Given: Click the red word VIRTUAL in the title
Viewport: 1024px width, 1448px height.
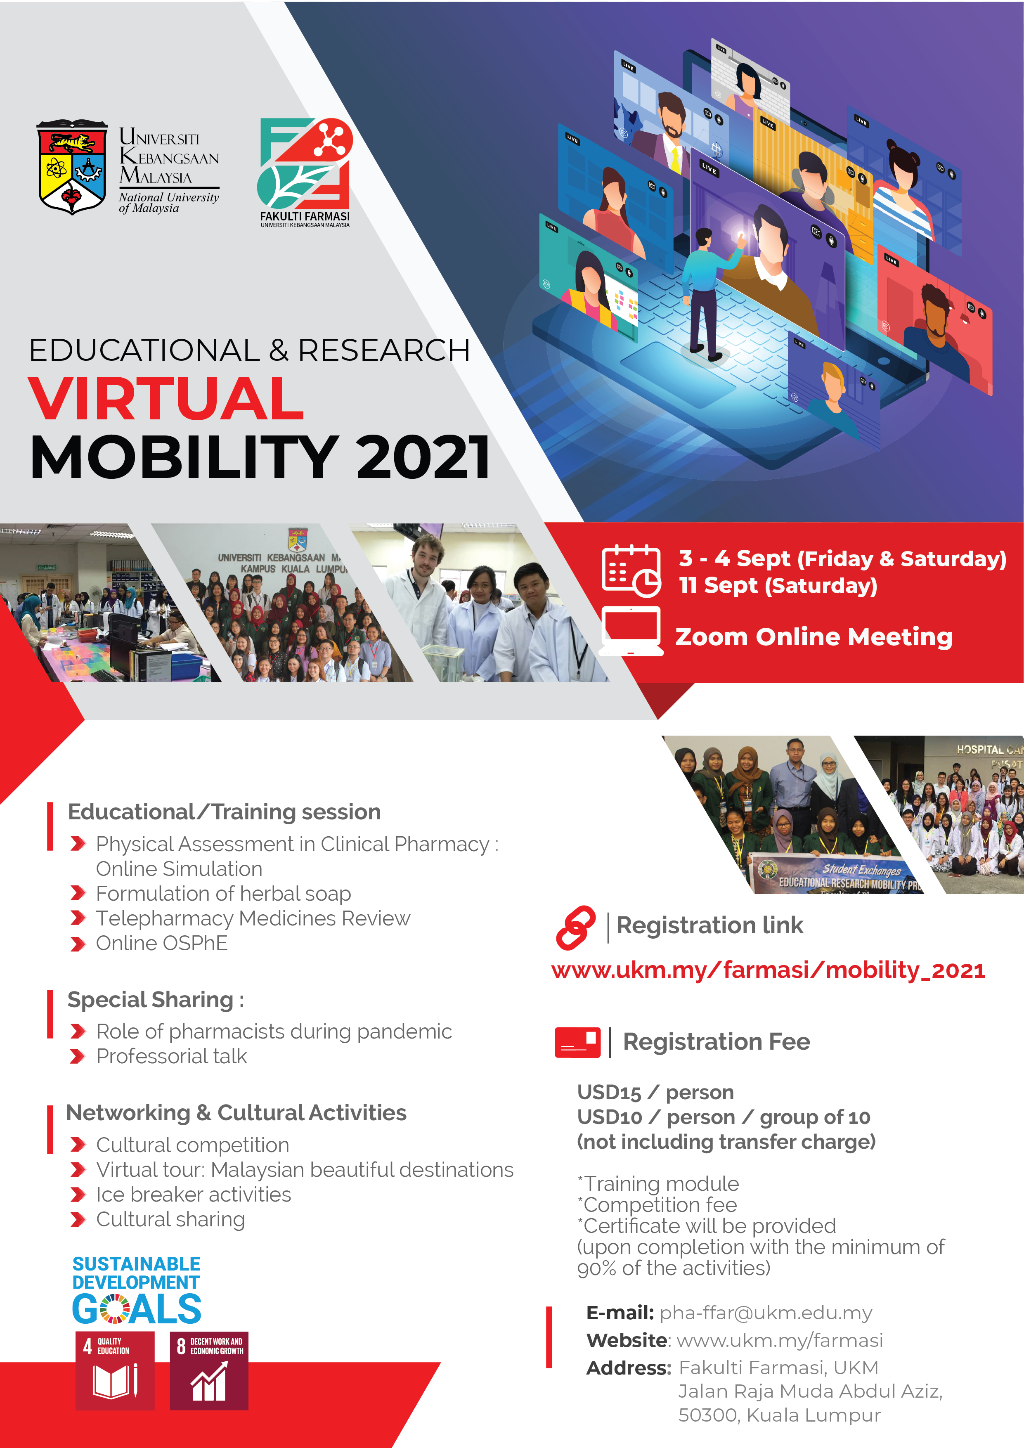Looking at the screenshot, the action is pyautogui.click(x=166, y=399).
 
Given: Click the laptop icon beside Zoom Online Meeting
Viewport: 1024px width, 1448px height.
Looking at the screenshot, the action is pyautogui.click(x=631, y=631).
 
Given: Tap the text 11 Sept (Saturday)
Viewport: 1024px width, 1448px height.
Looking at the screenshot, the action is pyautogui.click(x=778, y=586).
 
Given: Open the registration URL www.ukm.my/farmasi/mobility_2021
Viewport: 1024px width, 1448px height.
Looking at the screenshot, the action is pyautogui.click(x=768, y=970).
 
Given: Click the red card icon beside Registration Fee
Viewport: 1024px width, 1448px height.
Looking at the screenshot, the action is pyautogui.click(x=577, y=1042).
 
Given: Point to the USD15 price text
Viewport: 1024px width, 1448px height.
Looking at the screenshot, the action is pyautogui.click(x=609, y=1092).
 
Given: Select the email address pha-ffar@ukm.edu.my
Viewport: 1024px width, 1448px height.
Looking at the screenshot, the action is pyautogui.click(x=766, y=1313).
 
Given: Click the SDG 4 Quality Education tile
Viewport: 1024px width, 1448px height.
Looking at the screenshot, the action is pyautogui.click(x=115, y=1370).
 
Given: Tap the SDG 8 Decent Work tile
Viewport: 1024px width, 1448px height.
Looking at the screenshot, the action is pyautogui.click(x=209, y=1370).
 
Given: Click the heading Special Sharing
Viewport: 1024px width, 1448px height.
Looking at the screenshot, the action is pyautogui.click(x=156, y=1000).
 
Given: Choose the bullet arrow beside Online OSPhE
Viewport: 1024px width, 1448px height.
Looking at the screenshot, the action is pyautogui.click(x=78, y=944).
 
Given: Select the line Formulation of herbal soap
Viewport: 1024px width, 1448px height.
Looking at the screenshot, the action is pyautogui.click(x=223, y=894).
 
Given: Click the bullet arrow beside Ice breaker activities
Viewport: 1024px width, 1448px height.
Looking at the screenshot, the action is pyautogui.click(x=78, y=1195).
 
